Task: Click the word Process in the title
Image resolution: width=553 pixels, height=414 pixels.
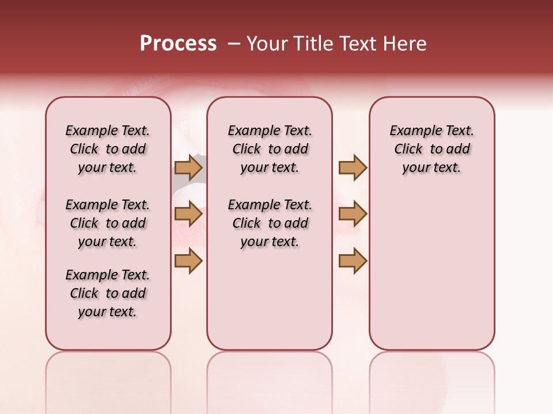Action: click(178, 44)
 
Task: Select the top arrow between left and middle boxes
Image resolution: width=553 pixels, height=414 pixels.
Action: click(188, 167)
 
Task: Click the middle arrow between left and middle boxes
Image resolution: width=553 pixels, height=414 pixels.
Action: click(188, 214)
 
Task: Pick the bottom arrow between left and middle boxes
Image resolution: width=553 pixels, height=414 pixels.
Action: click(188, 260)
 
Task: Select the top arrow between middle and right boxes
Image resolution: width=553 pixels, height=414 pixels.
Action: click(353, 167)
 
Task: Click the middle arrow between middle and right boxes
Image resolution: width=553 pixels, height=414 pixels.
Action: click(353, 214)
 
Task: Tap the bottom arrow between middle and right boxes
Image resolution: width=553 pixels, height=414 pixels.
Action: click(353, 260)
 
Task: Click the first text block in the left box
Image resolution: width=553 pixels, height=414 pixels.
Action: click(108, 149)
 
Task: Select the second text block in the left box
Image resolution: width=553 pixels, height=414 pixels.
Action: click(108, 223)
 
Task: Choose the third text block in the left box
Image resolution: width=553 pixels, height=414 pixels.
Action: click(108, 293)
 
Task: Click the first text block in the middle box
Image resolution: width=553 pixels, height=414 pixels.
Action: click(270, 149)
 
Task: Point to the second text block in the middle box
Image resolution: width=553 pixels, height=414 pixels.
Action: click(270, 223)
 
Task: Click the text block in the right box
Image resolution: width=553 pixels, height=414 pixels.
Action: click(431, 149)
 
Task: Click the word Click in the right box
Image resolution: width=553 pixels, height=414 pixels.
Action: click(408, 149)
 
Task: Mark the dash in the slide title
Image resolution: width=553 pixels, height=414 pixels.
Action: click(234, 44)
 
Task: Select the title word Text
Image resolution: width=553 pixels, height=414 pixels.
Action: click(358, 44)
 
